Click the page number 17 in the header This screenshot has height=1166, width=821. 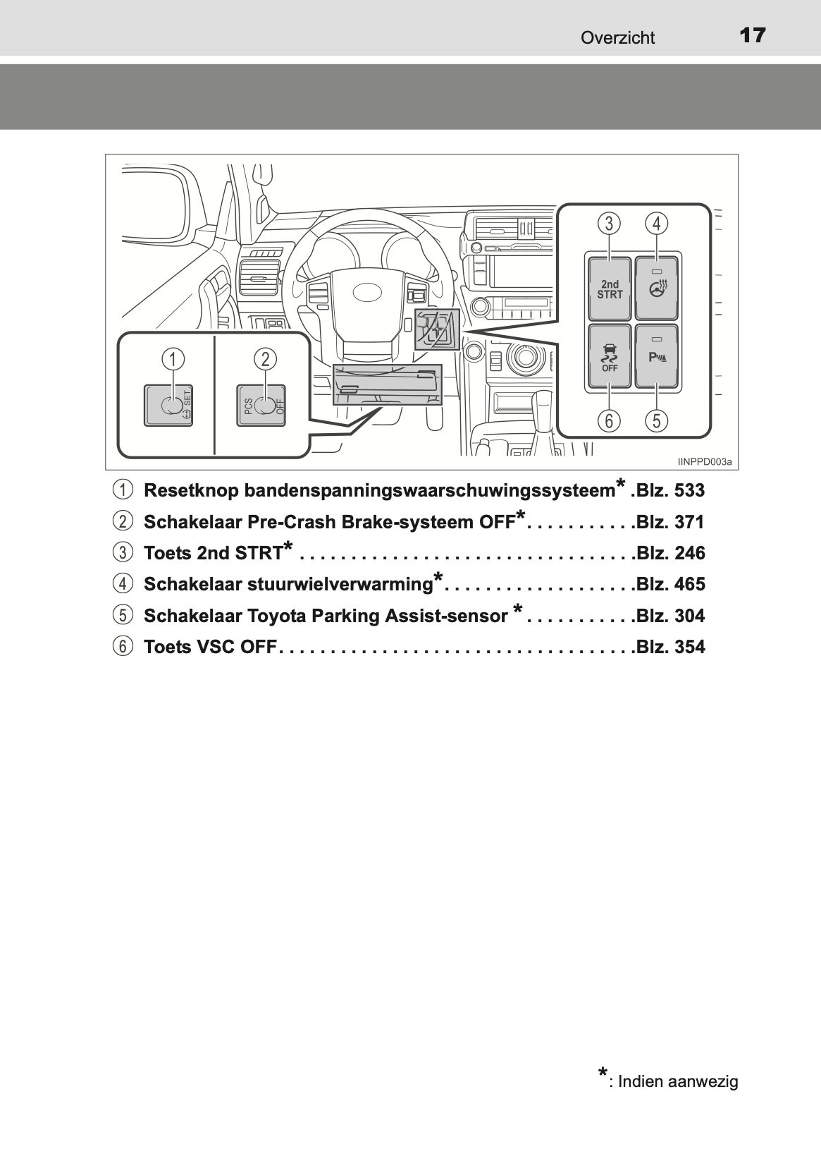(x=753, y=35)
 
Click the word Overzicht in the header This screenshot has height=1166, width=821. (x=617, y=38)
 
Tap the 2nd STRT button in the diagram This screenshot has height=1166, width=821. (x=610, y=289)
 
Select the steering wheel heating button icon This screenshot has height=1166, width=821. (x=657, y=289)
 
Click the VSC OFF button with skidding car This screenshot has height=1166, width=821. (x=610, y=357)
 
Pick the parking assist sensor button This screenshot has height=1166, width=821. (x=657, y=356)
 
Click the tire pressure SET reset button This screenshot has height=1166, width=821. (x=170, y=406)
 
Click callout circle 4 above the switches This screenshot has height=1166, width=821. (x=657, y=224)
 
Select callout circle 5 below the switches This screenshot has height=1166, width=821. (x=657, y=421)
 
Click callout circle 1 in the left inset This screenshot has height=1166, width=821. (x=171, y=359)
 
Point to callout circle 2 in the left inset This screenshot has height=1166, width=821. (x=265, y=359)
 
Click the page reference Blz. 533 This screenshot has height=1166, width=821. (x=669, y=490)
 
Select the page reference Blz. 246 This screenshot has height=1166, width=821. (x=669, y=553)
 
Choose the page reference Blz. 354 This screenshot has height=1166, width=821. (x=669, y=647)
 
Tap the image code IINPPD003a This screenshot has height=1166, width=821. (x=705, y=462)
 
